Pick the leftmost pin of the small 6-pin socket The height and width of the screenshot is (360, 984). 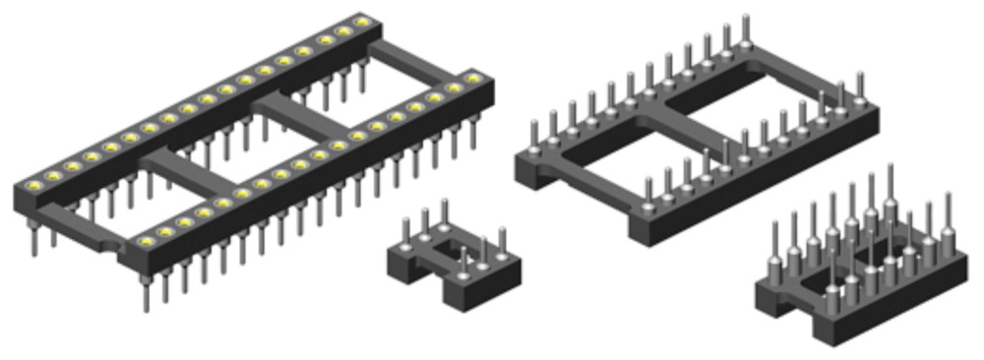tap(405, 231)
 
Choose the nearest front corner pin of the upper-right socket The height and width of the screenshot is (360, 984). tap(648, 193)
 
